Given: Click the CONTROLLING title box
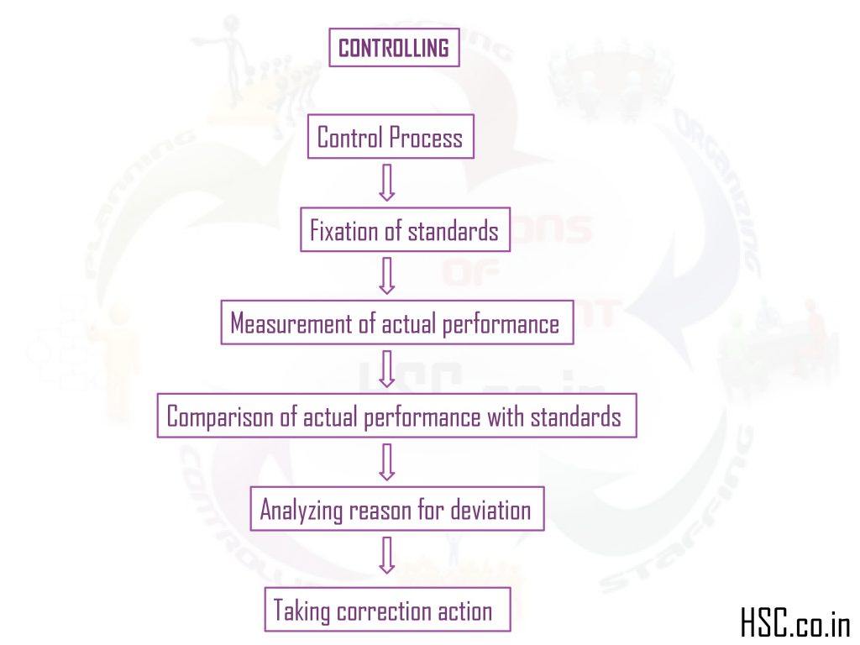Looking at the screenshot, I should pos(394,48).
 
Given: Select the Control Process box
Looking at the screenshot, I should pos(391,137).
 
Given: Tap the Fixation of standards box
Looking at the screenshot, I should pos(405,230).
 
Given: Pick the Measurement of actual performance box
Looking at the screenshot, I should pos(396,323).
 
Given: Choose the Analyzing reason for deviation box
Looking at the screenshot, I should pos(396,509).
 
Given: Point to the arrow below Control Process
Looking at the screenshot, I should pos(386,182).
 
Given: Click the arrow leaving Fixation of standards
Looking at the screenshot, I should pos(386,275).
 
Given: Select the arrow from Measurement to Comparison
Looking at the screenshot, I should pos(386,369).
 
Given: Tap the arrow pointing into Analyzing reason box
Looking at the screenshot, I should pos(386,461).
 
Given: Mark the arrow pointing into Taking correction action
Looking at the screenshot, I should pos(386,554).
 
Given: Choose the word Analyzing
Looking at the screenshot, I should pos(298,510).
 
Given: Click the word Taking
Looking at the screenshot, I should pos(302,611).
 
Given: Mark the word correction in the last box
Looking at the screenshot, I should pos(384,611).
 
